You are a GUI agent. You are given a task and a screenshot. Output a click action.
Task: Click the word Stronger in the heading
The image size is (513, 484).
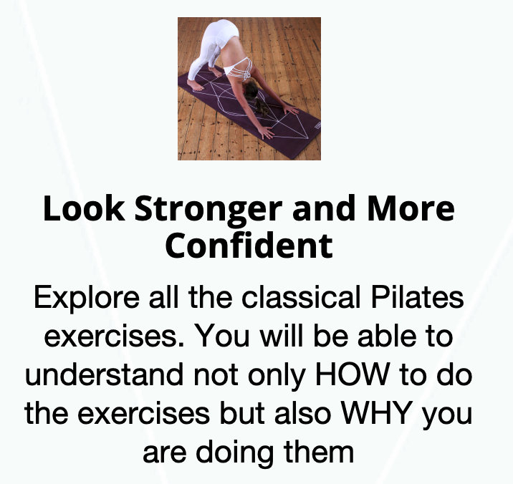tap(208, 209)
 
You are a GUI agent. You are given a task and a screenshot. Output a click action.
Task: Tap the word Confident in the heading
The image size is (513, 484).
tap(249, 246)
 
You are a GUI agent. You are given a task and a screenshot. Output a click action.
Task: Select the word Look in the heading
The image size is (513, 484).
tap(84, 208)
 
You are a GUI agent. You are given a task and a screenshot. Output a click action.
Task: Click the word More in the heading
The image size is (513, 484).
tap(411, 208)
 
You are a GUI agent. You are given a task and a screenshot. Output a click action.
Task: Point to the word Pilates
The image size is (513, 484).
tap(417, 297)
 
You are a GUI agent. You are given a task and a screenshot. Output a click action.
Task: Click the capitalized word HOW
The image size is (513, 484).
tap(352, 374)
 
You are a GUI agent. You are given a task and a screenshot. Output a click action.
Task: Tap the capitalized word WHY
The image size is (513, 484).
tap(376, 413)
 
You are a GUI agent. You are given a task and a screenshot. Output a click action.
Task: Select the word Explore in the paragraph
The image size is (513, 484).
tap(87, 299)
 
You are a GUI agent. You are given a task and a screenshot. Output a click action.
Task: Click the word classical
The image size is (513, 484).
tap(301, 297)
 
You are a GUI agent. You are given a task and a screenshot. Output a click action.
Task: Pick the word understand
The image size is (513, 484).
tap(104, 374)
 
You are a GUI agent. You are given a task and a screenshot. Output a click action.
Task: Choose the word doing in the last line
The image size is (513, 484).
tap(234, 454)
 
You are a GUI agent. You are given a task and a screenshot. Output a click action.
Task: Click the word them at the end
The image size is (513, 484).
tap(319, 452)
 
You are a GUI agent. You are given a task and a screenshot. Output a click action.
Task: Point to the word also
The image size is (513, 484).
tap(302, 413)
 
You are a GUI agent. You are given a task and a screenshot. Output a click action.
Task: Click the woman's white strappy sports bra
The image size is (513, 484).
tap(238, 69)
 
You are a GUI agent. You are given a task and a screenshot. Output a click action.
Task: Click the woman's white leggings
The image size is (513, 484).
tap(213, 46)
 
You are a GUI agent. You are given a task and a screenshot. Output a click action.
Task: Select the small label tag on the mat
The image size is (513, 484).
tap(317, 125)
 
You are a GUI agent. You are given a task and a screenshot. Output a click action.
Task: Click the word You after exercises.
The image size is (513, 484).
tap(223, 336)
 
